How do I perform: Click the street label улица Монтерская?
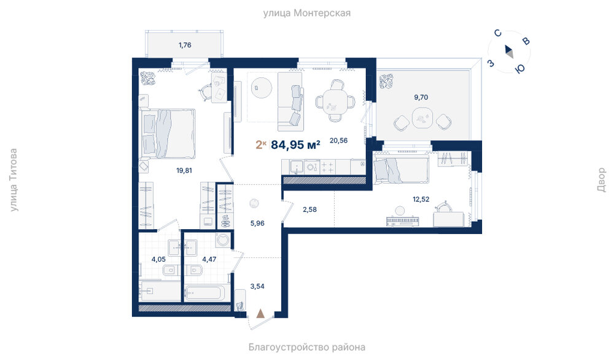pyautogui.click(x=306, y=13)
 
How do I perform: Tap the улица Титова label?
pyautogui.click(x=14, y=180)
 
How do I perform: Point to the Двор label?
pyautogui.click(x=602, y=180)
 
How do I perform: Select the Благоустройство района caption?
pyautogui.click(x=306, y=347)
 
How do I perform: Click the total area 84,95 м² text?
pyautogui.click(x=296, y=144)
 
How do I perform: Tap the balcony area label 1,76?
pyautogui.click(x=185, y=45)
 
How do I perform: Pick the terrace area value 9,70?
pyautogui.click(x=421, y=97)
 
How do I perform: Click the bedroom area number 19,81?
pyautogui.click(x=184, y=170)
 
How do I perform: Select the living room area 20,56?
pyautogui.click(x=338, y=140)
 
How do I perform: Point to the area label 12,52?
pyautogui.click(x=421, y=199)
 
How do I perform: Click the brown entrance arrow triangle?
pyautogui.click(x=260, y=313)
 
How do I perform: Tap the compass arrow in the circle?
pyautogui.click(x=509, y=52)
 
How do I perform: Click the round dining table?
pyautogui.click(x=336, y=101)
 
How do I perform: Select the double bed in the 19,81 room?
pyautogui.click(x=168, y=133)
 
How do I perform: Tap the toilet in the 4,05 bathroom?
pyautogui.click(x=169, y=270)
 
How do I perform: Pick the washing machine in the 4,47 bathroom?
pyautogui.click(x=223, y=240)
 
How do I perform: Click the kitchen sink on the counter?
pyautogui.click(x=297, y=166)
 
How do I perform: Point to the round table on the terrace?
pyautogui.click(x=422, y=118)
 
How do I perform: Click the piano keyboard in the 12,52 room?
pyautogui.click(x=403, y=221)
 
